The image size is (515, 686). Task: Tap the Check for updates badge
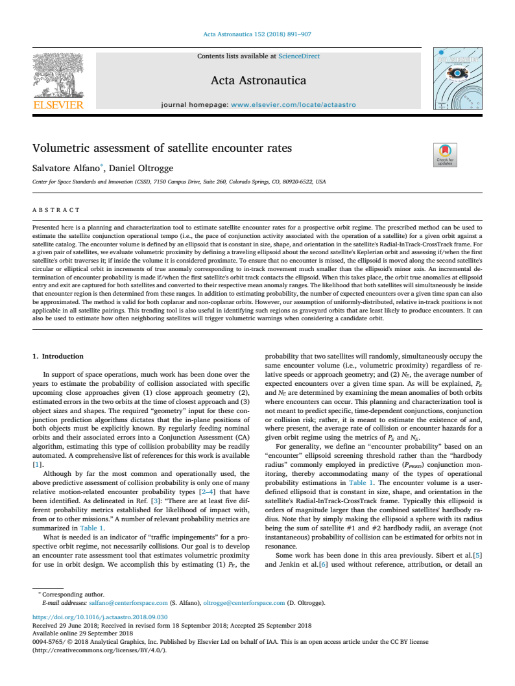point(445,155)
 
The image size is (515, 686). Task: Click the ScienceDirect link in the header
point(299,56)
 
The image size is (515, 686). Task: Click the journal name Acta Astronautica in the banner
point(258,81)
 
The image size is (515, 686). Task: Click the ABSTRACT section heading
point(56,210)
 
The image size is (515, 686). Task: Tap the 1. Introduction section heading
point(58,356)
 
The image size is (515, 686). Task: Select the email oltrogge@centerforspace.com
point(244,602)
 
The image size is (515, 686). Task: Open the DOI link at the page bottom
point(100,617)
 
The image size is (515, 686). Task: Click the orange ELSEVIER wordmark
point(58,105)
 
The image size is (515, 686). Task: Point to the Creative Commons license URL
point(99,650)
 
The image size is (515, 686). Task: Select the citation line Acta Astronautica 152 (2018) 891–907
point(257,34)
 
